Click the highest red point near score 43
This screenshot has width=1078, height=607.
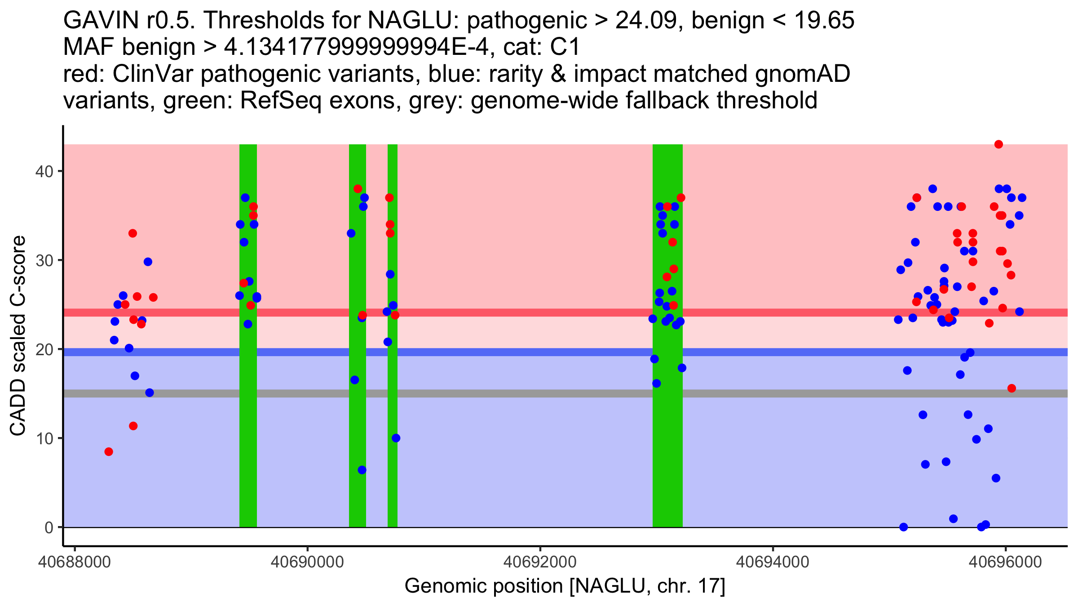point(998,144)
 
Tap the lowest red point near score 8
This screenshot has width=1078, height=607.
point(109,451)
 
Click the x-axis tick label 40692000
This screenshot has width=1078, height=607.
point(540,562)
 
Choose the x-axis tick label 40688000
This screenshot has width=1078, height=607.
point(75,562)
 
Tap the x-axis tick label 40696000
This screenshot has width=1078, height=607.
point(1005,562)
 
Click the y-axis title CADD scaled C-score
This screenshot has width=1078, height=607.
point(18,336)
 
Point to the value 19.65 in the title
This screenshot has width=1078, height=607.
point(824,21)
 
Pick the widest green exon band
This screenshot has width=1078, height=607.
point(667,405)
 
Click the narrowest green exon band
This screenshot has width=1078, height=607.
point(392,405)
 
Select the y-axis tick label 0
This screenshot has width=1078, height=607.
point(49,527)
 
